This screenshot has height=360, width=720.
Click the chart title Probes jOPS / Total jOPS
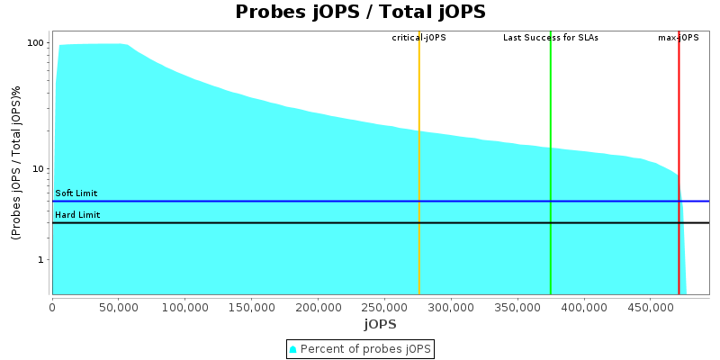click(x=360, y=12)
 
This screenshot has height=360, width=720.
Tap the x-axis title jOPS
click(x=381, y=324)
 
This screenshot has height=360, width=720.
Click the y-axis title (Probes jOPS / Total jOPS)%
click(x=15, y=163)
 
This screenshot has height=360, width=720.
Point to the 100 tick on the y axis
click(x=37, y=43)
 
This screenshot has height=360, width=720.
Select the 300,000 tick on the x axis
click(x=451, y=306)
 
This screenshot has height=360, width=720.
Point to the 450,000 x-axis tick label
click(x=651, y=306)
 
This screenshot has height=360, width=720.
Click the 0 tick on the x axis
click(x=52, y=306)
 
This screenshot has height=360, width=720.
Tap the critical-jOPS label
click(x=418, y=38)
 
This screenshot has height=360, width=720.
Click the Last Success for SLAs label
click(x=550, y=38)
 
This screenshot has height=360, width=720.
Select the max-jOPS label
click(x=679, y=38)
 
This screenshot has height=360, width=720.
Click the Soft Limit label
click(x=76, y=193)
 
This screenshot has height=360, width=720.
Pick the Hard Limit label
click(x=77, y=215)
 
